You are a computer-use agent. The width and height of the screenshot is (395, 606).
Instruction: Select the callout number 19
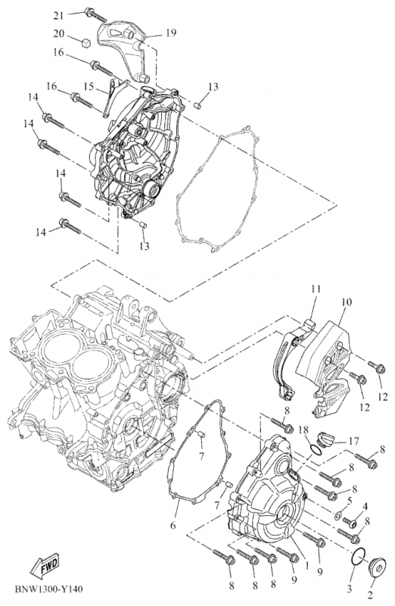pos(171,33)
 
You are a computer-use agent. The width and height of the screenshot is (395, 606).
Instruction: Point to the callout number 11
pos(315,289)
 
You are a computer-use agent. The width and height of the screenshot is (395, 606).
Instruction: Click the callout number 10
pos(346,302)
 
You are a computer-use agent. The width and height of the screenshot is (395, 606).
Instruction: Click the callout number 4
pos(365,506)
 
